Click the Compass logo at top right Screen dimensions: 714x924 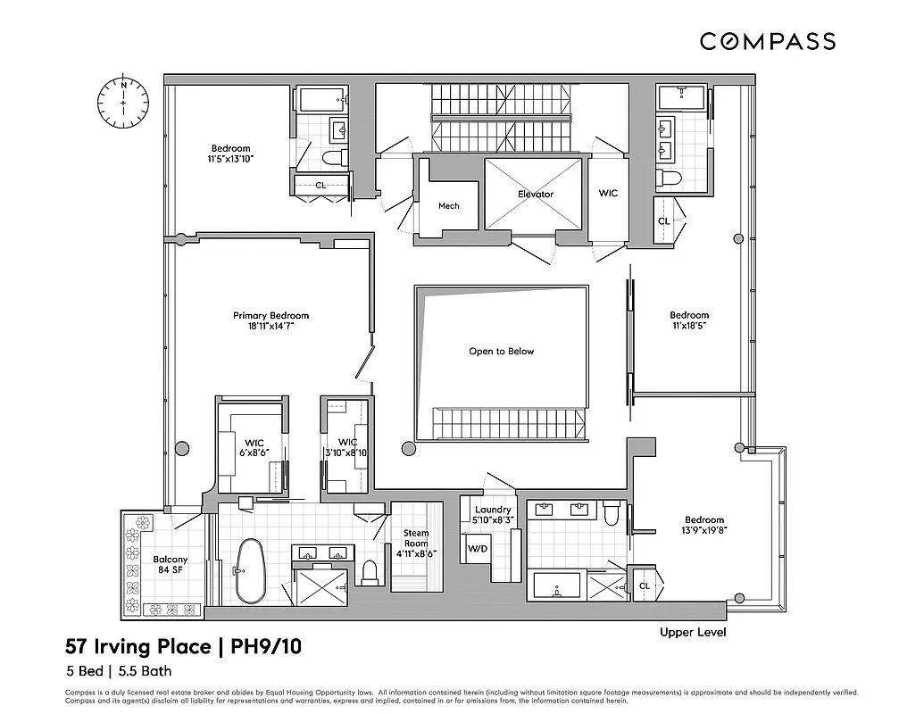(x=767, y=41)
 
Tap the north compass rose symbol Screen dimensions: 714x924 (x=123, y=100)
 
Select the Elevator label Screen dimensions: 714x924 (x=536, y=194)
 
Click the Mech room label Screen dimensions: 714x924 (x=448, y=206)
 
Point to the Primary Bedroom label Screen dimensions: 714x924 (x=271, y=315)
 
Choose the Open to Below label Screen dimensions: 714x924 (x=501, y=351)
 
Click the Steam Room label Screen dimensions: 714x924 (x=416, y=539)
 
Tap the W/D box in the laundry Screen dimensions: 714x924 (x=479, y=548)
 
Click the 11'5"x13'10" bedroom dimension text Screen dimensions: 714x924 (x=230, y=159)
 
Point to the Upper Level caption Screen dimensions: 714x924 (x=692, y=633)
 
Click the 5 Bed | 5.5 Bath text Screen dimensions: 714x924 (x=118, y=671)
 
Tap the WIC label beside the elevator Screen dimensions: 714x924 (x=608, y=193)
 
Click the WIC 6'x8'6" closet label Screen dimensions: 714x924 (x=254, y=447)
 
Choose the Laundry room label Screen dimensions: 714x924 (x=493, y=510)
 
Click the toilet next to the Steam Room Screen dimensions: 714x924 (x=369, y=571)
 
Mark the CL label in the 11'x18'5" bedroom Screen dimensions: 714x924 (x=663, y=221)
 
